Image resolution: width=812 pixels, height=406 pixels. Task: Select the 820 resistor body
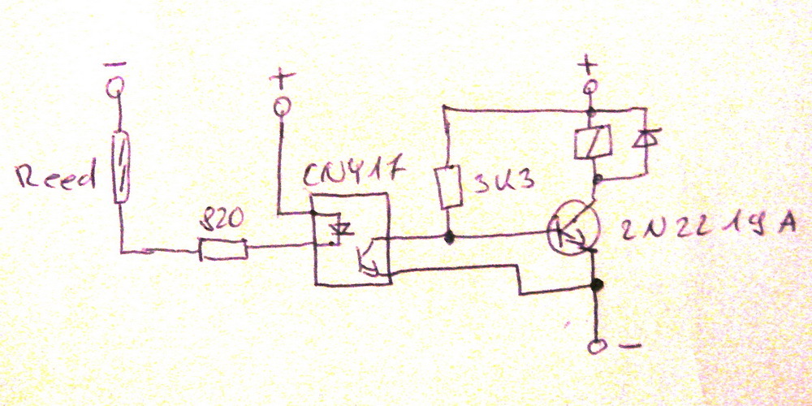pyautogui.click(x=223, y=250)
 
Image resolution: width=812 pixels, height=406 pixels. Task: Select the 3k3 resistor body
pyautogui.click(x=447, y=187)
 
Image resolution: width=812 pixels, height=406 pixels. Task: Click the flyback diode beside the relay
pyautogui.click(x=645, y=140)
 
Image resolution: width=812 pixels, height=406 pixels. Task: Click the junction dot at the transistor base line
pyautogui.click(x=448, y=238)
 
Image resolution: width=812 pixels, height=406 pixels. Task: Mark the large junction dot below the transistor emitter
pyautogui.click(x=598, y=285)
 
